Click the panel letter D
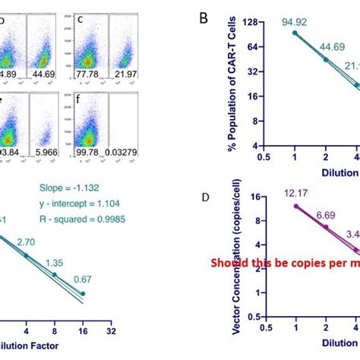pos(204,197)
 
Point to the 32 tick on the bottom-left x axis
pos(111,331)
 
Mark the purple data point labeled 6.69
pos(326,226)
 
